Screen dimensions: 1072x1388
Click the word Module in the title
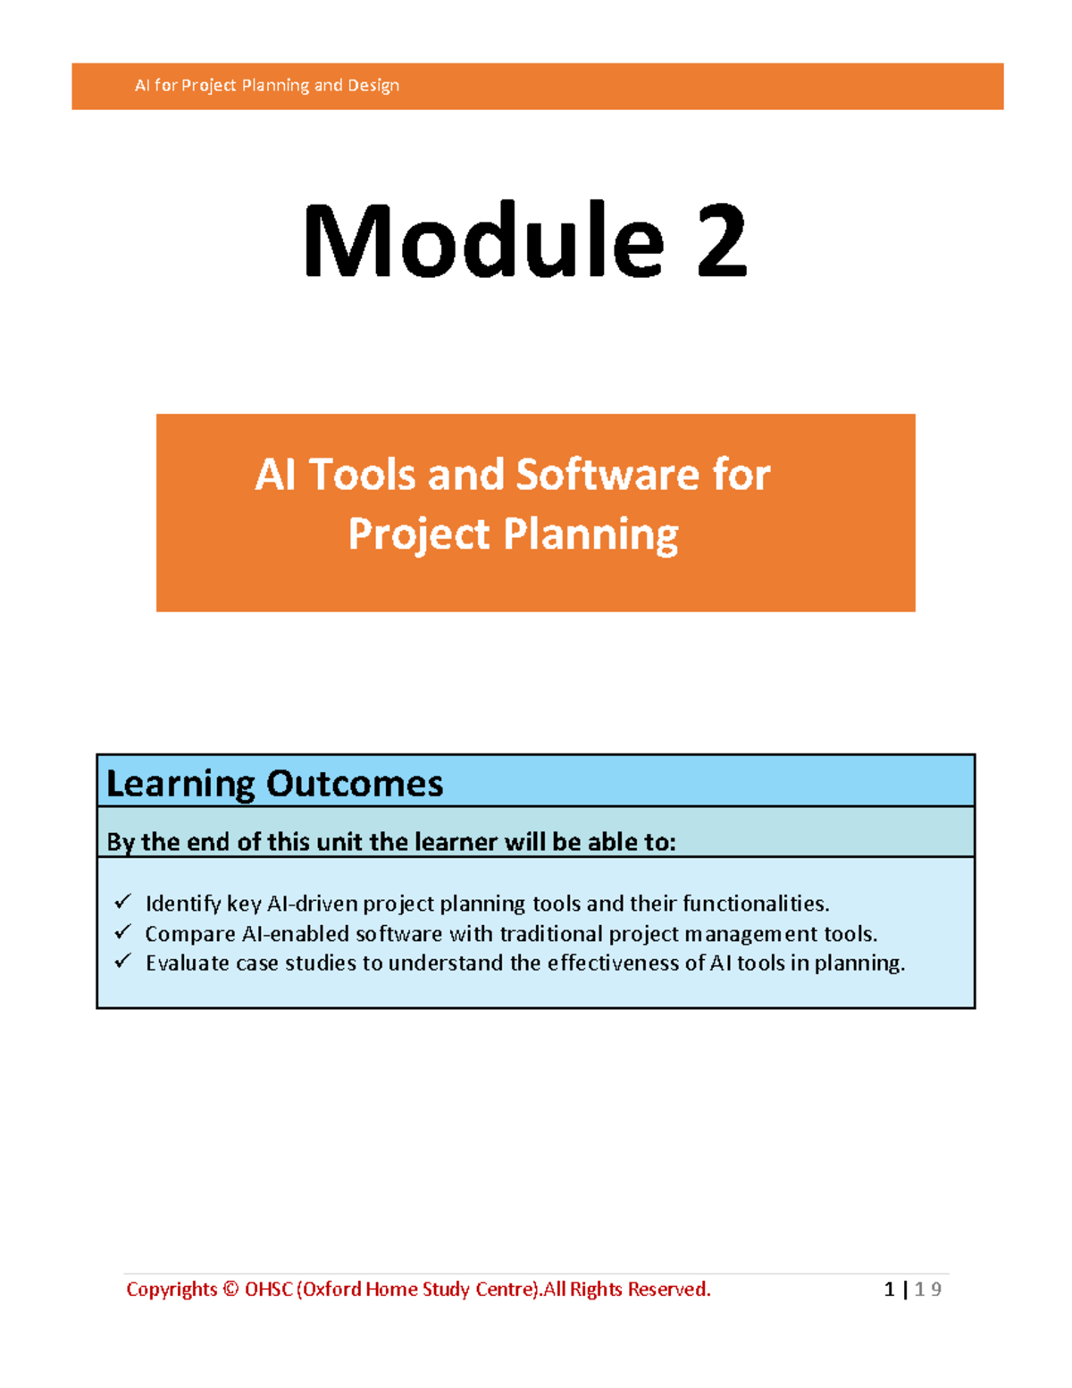pos(483,240)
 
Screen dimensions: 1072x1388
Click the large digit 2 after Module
pos(722,240)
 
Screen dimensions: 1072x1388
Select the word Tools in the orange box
pos(363,475)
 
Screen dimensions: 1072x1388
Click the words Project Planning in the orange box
pos(513,534)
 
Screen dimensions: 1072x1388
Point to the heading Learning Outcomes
pos(274,785)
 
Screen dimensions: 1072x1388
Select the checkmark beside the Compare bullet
pos(122,931)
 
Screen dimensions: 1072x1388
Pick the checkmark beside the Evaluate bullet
pos(122,961)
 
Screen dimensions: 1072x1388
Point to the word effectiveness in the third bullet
pos(613,963)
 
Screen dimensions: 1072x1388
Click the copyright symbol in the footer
pos(231,1290)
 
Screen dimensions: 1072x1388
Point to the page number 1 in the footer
pos(889,1290)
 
